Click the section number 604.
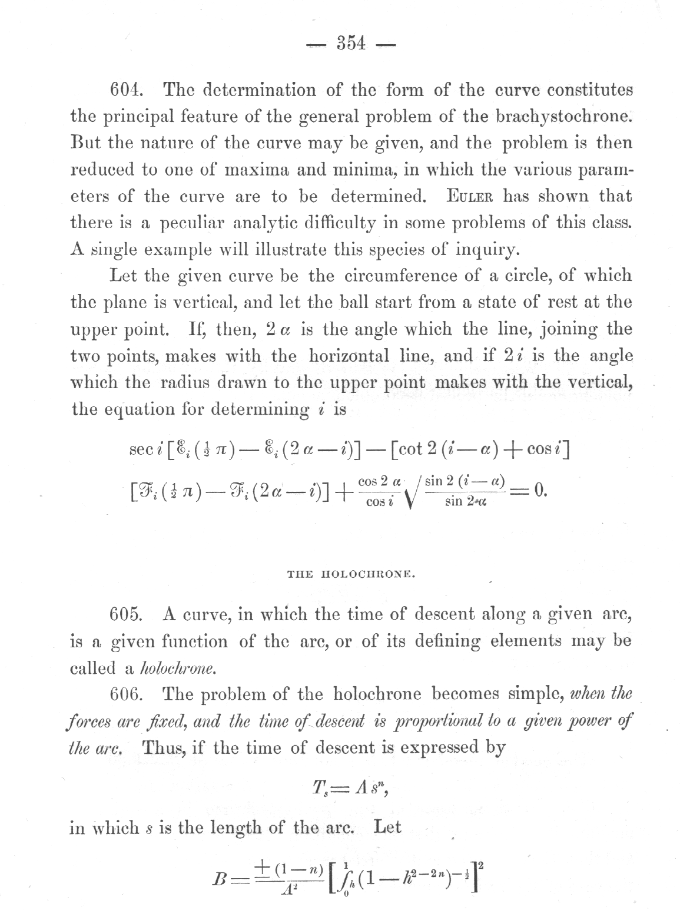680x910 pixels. (x=128, y=91)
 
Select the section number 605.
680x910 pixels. (x=127, y=614)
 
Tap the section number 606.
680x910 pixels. (x=127, y=694)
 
